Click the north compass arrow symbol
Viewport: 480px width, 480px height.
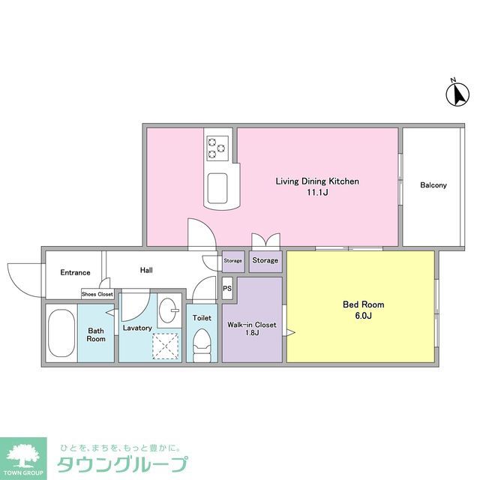point(457,94)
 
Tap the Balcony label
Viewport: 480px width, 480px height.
point(433,185)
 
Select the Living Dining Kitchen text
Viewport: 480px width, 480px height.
point(317,181)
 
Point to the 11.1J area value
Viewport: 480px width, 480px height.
point(317,193)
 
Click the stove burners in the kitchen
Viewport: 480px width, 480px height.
point(217,146)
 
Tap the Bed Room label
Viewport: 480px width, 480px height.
point(363,304)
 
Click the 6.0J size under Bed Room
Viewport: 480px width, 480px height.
point(363,316)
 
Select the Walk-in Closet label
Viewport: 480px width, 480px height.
point(251,325)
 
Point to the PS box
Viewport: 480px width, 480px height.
point(227,287)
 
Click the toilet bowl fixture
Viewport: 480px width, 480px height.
point(202,346)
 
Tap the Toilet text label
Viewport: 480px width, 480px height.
point(202,318)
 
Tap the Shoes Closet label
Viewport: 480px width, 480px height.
point(97,295)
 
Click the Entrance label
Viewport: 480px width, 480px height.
point(75,272)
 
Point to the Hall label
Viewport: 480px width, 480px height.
point(146,270)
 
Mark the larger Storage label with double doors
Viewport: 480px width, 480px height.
point(265,260)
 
